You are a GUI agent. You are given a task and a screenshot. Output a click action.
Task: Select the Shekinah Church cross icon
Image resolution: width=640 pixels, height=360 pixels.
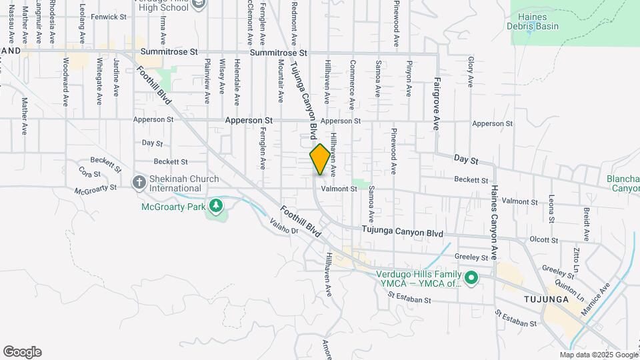[139, 182]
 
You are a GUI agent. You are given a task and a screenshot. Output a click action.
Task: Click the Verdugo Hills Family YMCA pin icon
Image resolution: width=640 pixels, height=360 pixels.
[471, 277]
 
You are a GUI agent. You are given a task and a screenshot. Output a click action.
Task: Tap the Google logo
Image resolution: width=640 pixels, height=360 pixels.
[22, 352]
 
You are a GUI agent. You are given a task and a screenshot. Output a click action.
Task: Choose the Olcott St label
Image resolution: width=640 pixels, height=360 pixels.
[543, 239]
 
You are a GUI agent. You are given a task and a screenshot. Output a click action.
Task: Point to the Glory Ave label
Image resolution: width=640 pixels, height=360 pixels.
[471, 71]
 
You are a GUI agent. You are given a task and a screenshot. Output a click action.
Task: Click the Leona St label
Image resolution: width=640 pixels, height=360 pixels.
[551, 209]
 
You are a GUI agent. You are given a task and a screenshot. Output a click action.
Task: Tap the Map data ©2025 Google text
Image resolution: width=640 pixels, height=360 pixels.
[599, 355]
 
